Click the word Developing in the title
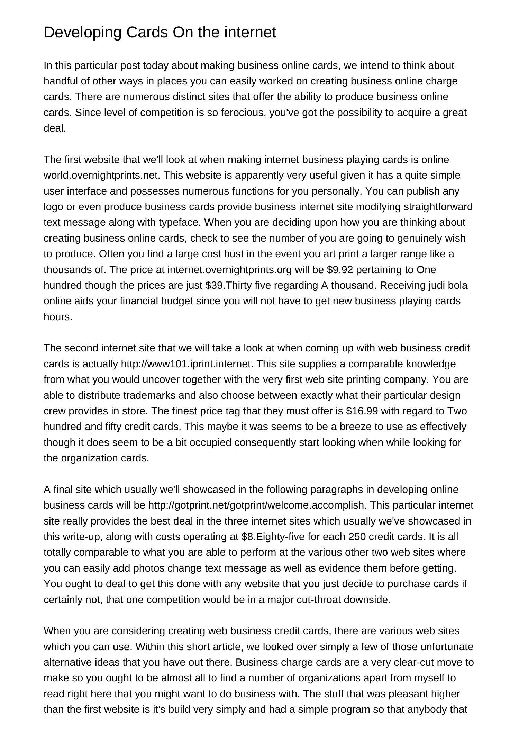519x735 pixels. tap(83, 33)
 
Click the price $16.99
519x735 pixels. tap(362, 411)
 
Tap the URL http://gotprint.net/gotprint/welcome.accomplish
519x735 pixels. tap(257, 505)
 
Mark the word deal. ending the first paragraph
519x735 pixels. tap(55, 128)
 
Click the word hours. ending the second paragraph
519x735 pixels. tap(58, 317)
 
